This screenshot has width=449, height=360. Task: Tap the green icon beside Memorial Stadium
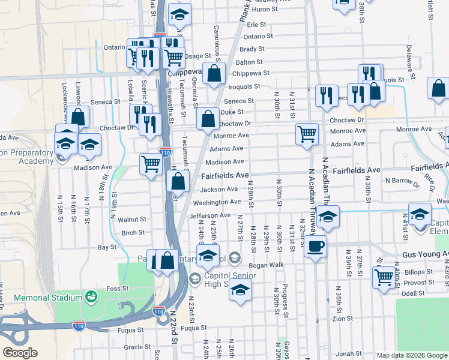(x=91, y=297)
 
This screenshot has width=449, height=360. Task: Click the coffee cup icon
(x=315, y=245)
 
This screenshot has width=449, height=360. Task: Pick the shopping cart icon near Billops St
(x=384, y=277)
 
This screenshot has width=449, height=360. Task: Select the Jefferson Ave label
(x=209, y=215)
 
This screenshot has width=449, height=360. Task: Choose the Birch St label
(x=133, y=233)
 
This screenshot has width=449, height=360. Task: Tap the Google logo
(x=20, y=353)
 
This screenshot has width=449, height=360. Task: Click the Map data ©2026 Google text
(x=411, y=355)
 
